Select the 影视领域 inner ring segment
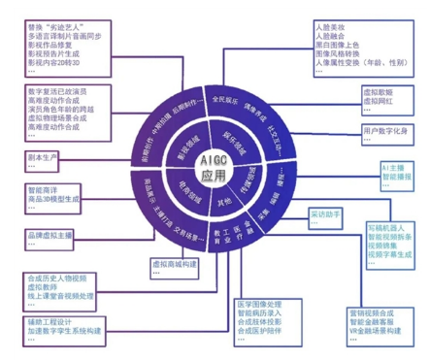coord(185,147)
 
